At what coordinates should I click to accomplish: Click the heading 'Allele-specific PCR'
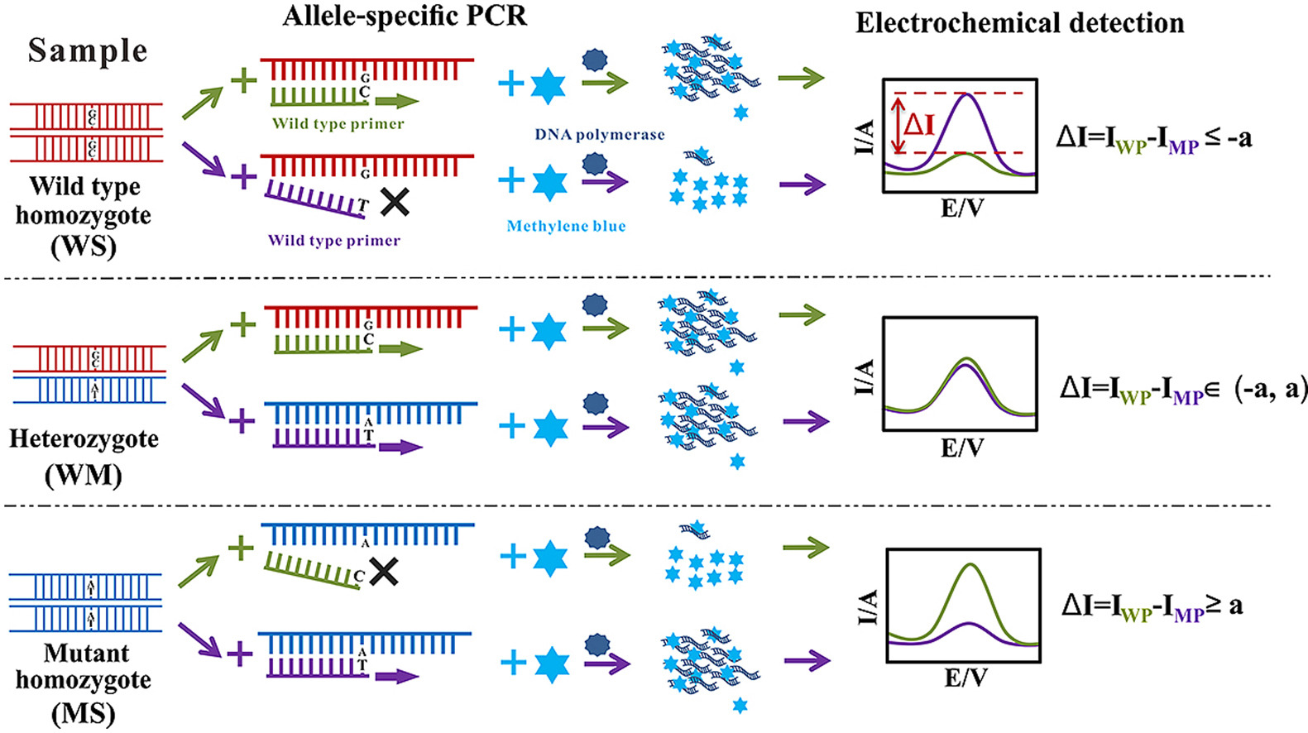(x=405, y=16)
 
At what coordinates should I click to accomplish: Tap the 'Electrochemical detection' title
(x=1019, y=23)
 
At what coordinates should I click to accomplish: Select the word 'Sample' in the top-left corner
(x=88, y=50)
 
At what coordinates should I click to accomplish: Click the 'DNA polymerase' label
(x=599, y=135)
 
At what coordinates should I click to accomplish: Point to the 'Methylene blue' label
(x=566, y=226)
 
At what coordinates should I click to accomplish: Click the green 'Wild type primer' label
(x=338, y=124)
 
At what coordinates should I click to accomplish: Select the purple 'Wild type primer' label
(x=333, y=241)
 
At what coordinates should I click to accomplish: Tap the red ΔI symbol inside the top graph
(x=918, y=125)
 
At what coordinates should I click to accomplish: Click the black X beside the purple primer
(x=395, y=201)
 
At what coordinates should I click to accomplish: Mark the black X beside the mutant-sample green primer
(x=383, y=571)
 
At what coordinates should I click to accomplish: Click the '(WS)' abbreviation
(x=84, y=247)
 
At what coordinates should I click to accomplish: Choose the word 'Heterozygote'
(x=84, y=438)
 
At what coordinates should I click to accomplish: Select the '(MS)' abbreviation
(x=84, y=713)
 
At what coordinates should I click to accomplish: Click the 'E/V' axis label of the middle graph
(x=962, y=448)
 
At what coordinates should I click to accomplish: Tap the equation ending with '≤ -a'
(x=1153, y=138)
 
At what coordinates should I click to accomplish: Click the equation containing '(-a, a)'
(x=1183, y=389)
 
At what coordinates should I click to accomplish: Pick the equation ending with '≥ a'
(x=1152, y=606)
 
